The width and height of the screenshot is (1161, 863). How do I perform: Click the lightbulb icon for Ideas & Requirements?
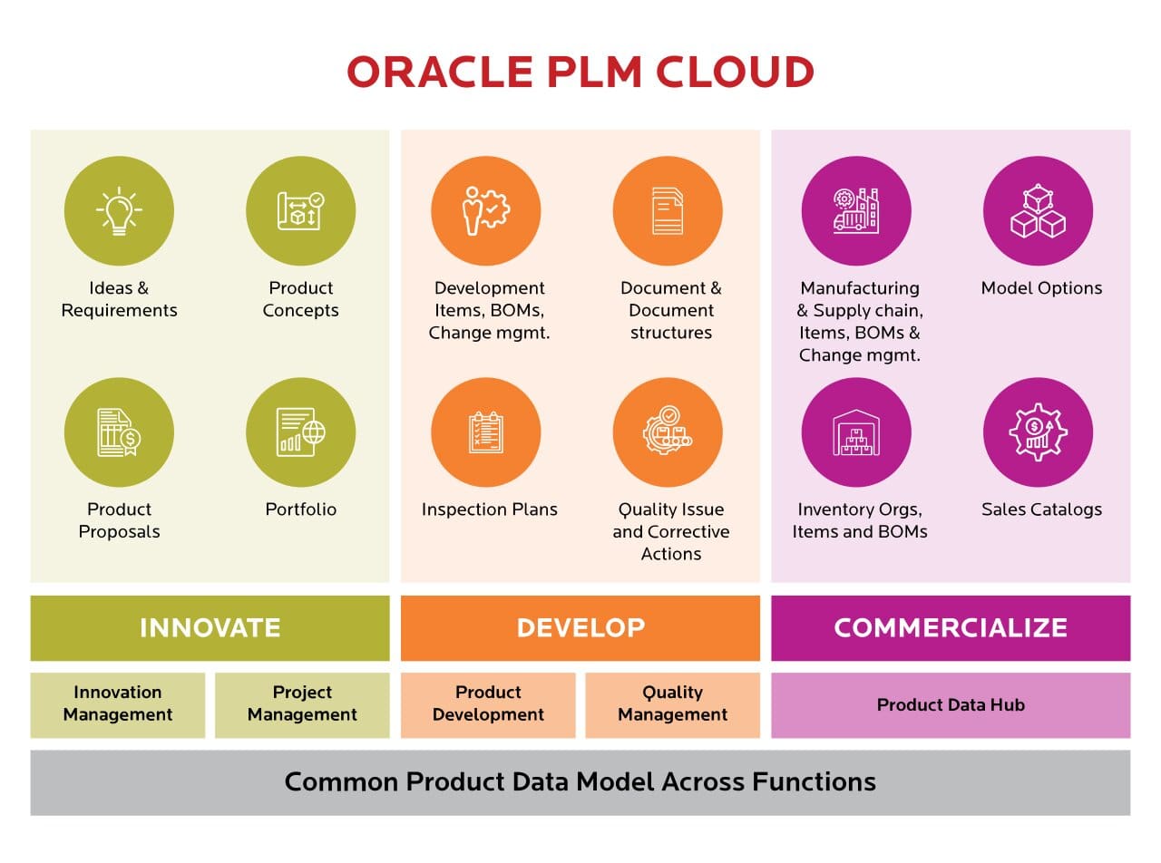[119, 210]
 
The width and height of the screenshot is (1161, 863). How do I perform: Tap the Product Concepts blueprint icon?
[301, 210]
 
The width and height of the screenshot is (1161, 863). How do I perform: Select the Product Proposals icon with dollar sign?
[119, 432]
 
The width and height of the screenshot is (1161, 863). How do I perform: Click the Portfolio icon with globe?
[301, 432]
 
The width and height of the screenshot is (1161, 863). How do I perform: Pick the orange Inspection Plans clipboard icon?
[486, 432]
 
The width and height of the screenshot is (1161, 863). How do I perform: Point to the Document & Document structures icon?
[668, 210]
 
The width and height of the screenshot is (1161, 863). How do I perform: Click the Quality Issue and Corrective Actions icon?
[668, 432]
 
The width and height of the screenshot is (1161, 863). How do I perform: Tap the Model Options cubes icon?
[1039, 210]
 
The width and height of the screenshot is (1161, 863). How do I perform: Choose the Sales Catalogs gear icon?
[1039, 432]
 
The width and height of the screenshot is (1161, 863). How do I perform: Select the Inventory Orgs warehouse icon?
[856, 432]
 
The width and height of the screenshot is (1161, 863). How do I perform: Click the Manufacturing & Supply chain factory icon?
[856, 210]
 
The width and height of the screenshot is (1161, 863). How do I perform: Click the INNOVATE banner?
[210, 627]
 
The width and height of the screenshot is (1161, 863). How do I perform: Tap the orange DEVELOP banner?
[580, 627]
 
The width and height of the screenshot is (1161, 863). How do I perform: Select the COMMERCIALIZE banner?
[951, 627]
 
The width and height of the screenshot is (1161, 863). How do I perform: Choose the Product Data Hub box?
[951, 704]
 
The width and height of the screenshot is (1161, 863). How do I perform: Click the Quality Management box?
[672, 704]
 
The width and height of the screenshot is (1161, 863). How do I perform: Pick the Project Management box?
[302, 704]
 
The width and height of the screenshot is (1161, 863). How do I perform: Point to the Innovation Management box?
[118, 704]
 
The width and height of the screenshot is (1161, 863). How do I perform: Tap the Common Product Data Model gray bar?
[580, 781]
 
